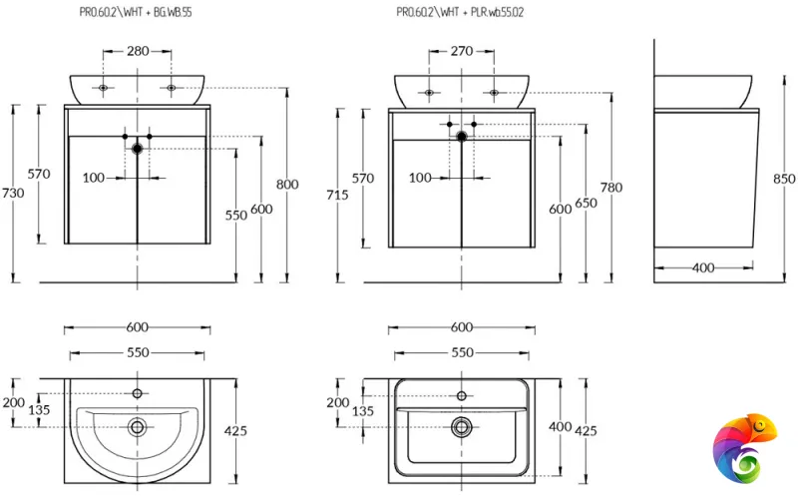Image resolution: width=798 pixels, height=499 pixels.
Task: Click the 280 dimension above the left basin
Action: click(138, 50)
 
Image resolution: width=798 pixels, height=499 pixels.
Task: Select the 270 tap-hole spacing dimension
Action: click(462, 50)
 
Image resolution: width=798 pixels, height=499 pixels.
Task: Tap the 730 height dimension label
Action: click(13, 193)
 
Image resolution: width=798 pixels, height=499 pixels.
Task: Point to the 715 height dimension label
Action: click(337, 195)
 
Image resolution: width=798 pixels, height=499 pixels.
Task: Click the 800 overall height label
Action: click(287, 184)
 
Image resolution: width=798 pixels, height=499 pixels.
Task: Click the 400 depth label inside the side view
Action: click(703, 267)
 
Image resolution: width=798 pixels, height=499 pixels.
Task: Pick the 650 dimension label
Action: click(586, 203)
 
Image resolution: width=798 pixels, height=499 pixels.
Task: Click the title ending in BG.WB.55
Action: click(138, 13)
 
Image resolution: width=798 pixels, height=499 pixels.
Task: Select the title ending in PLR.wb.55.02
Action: click(460, 13)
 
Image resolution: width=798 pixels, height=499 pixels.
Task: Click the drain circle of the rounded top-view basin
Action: click(138, 427)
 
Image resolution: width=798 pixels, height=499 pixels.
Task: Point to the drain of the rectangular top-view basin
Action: click(462, 427)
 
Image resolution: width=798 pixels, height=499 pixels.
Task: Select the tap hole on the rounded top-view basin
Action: click(138, 393)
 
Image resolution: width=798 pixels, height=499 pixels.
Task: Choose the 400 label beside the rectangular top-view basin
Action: click(559, 426)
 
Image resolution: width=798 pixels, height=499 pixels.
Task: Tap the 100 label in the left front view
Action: click(94, 178)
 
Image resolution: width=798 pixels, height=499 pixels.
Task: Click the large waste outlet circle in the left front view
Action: click(138, 148)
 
